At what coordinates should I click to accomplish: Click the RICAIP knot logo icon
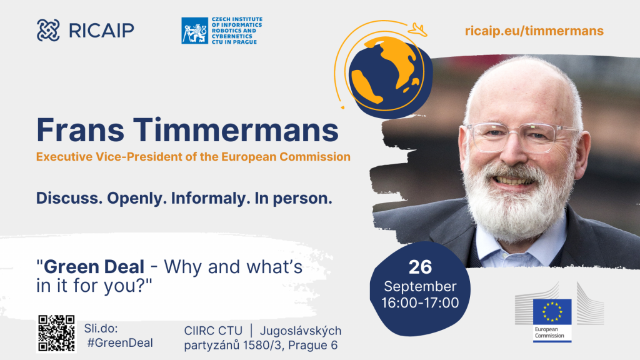(48, 30)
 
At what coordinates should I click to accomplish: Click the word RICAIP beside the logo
(102, 31)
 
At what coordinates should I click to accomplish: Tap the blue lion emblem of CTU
(195, 31)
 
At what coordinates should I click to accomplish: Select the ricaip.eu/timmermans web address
(534, 31)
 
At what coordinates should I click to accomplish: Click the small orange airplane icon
(417, 29)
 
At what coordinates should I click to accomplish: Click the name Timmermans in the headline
(236, 130)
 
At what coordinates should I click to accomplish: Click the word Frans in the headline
(80, 130)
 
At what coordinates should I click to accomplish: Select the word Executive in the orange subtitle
(64, 157)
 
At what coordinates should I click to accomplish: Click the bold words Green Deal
(94, 267)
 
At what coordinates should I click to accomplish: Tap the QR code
(56, 333)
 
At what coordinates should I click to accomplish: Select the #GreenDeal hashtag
(120, 343)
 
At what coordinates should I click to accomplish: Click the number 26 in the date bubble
(420, 267)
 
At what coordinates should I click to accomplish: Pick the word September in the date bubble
(420, 287)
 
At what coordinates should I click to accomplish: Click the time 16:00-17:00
(420, 303)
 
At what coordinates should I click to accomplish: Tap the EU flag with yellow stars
(552, 312)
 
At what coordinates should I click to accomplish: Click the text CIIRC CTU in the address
(213, 331)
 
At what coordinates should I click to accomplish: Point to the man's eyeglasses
(524, 137)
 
